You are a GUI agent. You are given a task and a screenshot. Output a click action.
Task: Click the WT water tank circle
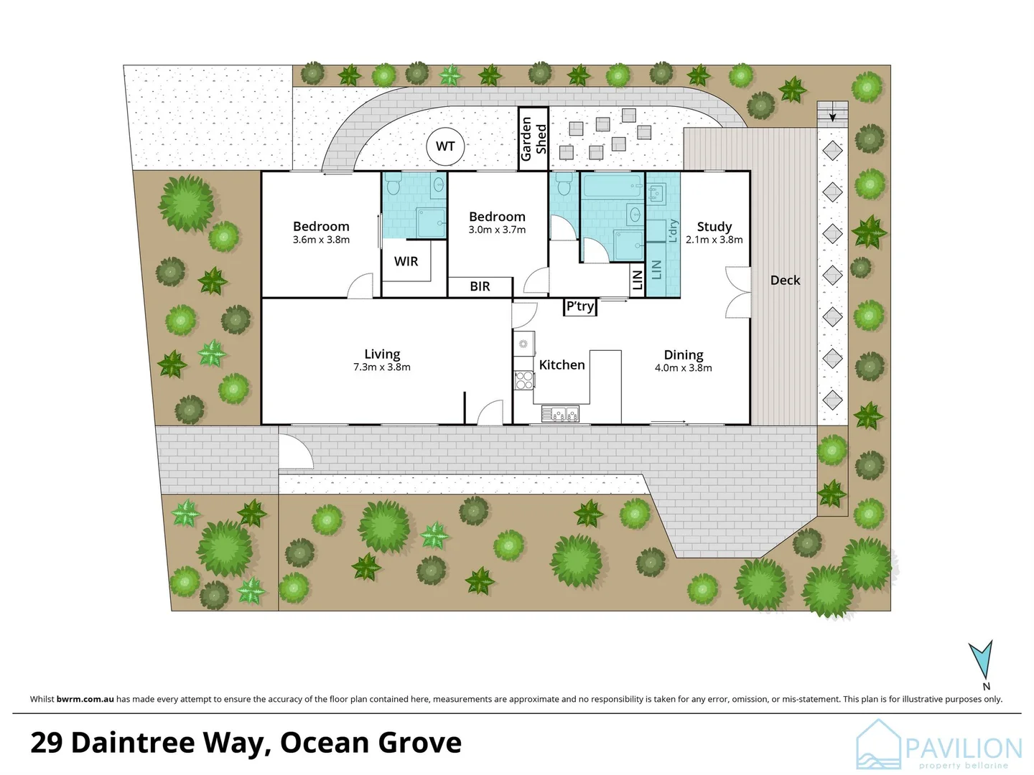445,146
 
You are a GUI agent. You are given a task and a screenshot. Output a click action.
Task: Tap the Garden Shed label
534,139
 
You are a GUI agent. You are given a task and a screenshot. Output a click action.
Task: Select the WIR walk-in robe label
406,261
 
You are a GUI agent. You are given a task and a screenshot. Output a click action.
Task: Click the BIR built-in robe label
480,286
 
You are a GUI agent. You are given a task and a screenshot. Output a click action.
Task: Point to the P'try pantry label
580,306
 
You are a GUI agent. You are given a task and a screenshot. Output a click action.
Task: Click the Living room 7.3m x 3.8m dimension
382,367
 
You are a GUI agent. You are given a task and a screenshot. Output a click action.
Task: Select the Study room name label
714,226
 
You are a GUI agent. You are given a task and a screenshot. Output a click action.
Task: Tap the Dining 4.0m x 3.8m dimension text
684,368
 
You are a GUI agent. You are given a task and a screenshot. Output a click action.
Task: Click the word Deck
785,281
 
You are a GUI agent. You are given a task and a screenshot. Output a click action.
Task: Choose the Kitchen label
562,365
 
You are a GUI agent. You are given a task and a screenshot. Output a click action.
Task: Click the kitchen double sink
561,413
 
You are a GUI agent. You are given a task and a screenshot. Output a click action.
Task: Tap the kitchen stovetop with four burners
524,380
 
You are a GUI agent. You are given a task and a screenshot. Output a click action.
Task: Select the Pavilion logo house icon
878,745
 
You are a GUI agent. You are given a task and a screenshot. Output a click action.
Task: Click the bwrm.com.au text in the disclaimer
85,699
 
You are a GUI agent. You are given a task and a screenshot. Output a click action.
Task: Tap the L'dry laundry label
673,231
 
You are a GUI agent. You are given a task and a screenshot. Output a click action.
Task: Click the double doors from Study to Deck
737,292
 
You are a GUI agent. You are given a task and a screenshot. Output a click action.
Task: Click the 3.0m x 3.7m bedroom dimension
497,230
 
